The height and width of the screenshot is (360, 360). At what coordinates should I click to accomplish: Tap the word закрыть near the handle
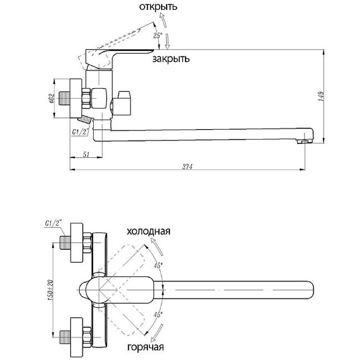coord(171,59)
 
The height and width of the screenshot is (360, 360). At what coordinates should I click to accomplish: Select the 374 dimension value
coord(188,167)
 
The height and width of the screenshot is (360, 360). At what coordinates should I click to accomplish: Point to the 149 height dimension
coord(320,96)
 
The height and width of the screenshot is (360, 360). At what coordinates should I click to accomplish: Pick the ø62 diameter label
coord(51,99)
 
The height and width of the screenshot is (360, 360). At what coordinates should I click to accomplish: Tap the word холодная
coord(148,231)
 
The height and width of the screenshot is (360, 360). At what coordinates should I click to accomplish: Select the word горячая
coord(145,347)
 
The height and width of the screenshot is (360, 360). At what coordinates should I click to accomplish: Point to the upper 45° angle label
coord(157,265)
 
